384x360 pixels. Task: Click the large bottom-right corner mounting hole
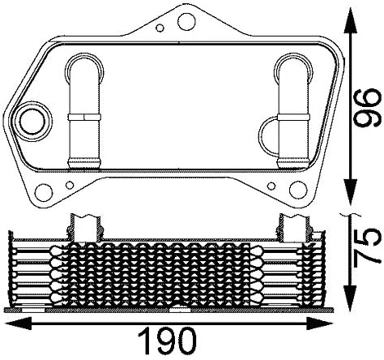click(297, 192)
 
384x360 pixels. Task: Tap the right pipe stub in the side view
click(289, 226)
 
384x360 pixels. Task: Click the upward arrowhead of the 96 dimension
click(349, 15)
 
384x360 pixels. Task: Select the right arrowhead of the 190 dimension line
click(332, 324)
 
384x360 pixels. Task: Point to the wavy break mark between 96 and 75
click(349, 214)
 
